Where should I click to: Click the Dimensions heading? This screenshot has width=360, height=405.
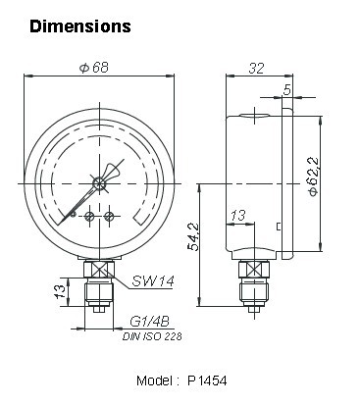80,26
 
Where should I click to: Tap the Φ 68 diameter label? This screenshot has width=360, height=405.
94,68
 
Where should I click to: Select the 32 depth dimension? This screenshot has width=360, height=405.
256,69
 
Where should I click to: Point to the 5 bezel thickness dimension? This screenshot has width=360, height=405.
286,89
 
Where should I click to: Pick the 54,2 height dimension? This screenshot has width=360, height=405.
193,236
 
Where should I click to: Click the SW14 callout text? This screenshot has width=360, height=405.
153,280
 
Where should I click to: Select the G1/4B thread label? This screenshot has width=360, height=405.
149,322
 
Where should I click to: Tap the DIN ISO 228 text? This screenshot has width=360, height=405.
152,336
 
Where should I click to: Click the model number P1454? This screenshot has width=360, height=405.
207,380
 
